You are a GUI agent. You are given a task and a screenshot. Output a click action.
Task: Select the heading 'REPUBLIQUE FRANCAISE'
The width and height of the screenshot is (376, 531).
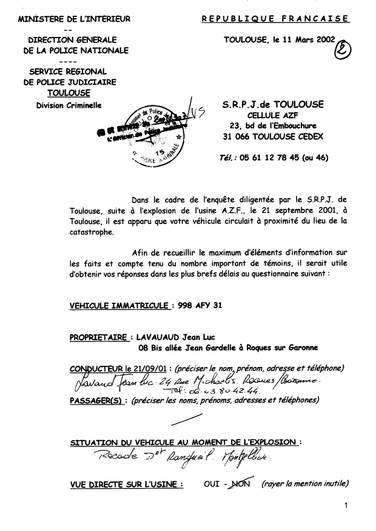(275, 19)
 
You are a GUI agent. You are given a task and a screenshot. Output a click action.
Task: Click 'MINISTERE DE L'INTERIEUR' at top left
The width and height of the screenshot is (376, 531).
(75, 19)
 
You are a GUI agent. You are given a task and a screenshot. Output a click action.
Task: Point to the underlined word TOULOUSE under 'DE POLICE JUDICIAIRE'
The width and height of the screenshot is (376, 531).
(69, 93)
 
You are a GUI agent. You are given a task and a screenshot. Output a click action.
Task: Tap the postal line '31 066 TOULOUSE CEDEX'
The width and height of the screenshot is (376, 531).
(273, 137)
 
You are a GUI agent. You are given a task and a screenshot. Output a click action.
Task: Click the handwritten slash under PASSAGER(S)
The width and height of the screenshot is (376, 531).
(188, 420)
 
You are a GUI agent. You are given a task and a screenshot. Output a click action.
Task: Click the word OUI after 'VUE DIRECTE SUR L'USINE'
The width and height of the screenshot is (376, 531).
(212, 484)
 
